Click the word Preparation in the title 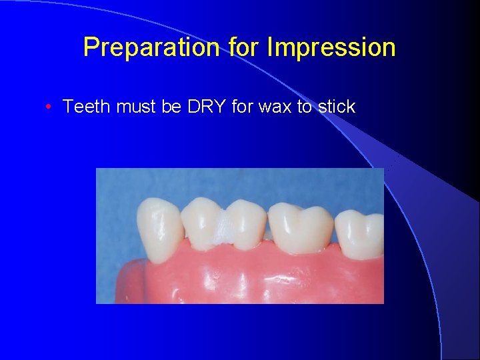(151, 47)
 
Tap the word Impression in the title (331, 47)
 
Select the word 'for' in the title (243, 47)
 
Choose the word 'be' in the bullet (171, 107)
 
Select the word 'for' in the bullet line (243, 107)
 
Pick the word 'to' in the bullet (305, 107)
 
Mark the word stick (337, 107)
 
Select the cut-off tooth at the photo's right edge (361, 233)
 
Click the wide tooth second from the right (300, 227)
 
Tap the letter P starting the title (90, 47)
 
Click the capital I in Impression (269, 47)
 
